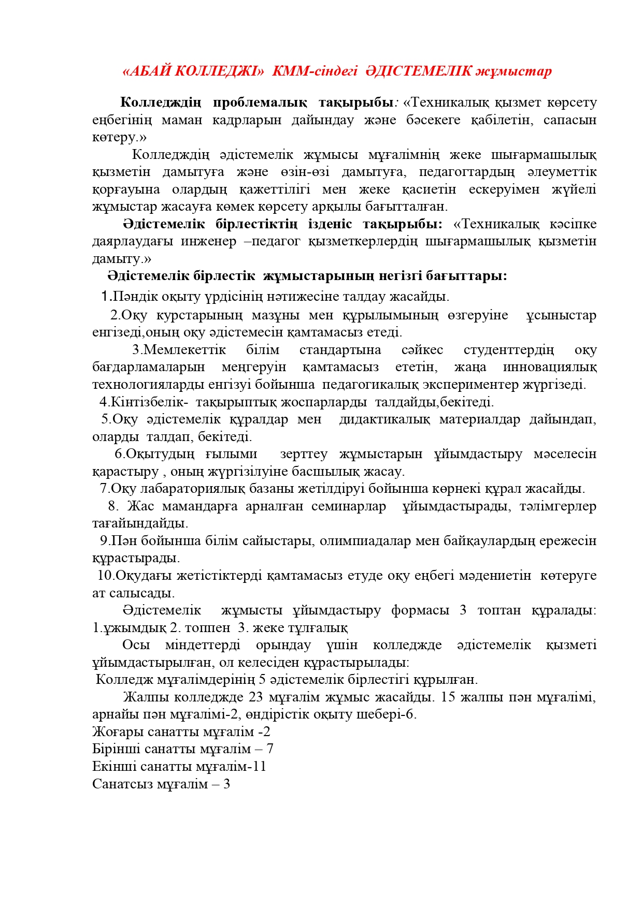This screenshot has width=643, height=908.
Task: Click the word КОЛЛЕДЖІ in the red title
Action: tap(219, 71)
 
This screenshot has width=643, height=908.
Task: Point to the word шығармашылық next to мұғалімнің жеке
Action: tap(544, 155)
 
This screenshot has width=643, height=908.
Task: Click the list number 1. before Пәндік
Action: tap(106, 297)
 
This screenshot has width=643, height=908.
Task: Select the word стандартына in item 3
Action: tap(340, 350)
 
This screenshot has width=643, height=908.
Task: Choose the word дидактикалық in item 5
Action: tap(384, 419)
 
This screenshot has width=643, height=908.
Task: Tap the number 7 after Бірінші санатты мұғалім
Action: tap(269, 749)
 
